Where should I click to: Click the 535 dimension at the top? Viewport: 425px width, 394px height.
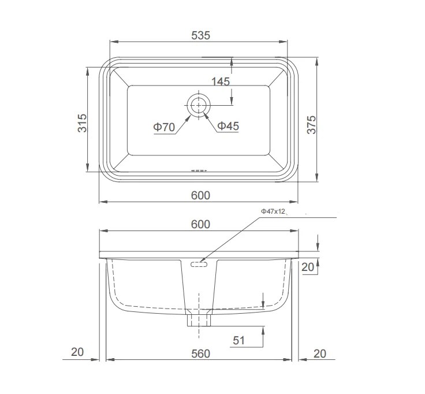[x=200, y=35]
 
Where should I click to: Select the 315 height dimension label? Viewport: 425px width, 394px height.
[x=83, y=123]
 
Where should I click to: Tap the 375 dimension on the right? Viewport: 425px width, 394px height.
[x=311, y=125]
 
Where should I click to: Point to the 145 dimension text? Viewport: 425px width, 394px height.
[x=221, y=81]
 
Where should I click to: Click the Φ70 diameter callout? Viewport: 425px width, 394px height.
[x=164, y=127]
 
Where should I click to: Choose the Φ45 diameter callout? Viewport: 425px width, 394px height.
[x=228, y=126]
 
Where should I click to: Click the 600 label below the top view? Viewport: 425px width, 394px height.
[x=200, y=195]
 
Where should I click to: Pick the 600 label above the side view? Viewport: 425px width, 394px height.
[x=200, y=224]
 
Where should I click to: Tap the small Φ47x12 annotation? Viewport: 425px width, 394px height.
[x=273, y=211]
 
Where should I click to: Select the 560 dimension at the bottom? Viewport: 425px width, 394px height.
[x=200, y=354]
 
